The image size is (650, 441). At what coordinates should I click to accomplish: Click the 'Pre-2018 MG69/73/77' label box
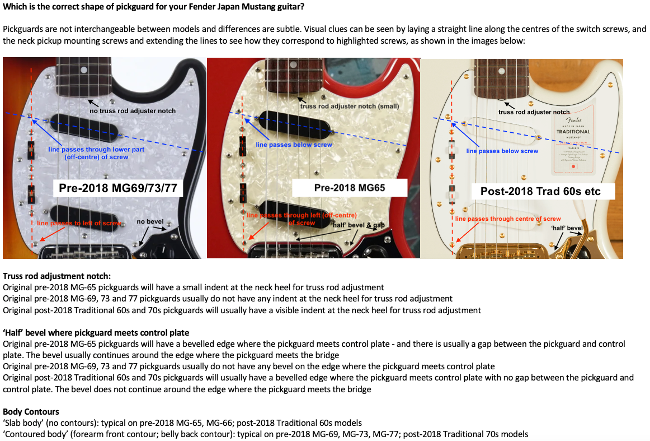pos(118,188)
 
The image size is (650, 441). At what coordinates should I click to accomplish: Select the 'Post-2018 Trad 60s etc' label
pos(540,191)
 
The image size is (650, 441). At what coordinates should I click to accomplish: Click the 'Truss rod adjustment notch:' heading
pos(56,276)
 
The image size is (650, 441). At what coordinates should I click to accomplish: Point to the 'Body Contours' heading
pos(31,412)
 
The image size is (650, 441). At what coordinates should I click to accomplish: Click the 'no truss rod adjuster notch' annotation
pos(133,110)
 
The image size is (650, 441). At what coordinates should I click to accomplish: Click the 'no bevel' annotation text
pos(149,221)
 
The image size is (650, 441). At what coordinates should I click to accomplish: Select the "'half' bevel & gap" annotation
pos(359,225)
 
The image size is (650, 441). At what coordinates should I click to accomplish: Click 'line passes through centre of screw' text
pos(508,219)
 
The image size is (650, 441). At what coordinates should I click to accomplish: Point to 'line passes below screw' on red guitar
pos(294,145)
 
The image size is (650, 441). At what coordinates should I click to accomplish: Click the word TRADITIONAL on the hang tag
pos(573,132)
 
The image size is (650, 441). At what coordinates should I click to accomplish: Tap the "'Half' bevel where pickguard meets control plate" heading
pos(96,332)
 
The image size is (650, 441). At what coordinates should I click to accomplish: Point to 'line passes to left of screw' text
pos(79,223)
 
